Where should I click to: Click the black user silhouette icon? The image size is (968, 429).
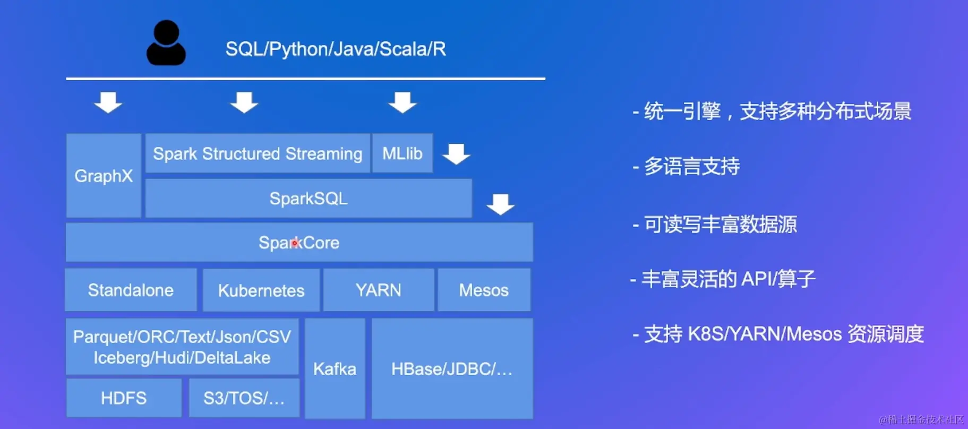click(166, 44)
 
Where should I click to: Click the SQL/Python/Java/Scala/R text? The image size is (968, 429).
click(335, 49)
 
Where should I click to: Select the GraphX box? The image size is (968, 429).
click(104, 176)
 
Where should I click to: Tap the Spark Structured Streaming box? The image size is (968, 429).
click(258, 153)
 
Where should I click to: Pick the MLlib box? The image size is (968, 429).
click(402, 153)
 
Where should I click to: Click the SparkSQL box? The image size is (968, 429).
click(309, 199)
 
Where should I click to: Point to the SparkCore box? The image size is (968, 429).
click(299, 243)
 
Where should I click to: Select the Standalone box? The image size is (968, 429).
click(131, 290)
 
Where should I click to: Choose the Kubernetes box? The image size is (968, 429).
click(261, 290)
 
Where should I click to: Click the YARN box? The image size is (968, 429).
click(379, 290)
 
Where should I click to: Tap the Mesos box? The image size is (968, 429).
click(484, 290)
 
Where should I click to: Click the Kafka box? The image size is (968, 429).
click(335, 368)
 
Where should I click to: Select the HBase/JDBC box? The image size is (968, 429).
click(452, 368)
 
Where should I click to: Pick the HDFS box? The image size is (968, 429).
click(124, 398)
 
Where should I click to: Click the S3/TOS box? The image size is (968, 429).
click(244, 398)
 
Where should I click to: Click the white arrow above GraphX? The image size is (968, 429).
click(108, 102)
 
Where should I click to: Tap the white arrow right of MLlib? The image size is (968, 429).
click(456, 153)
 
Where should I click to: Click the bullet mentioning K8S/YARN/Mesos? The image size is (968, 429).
click(778, 334)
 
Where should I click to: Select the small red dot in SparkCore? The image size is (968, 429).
click(295, 243)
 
